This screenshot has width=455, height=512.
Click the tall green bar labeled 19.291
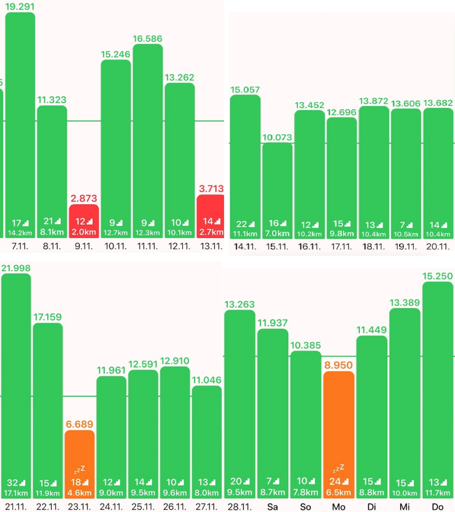point(20,124)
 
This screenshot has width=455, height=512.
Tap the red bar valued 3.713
point(211,216)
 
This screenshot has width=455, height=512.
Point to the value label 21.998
point(16,268)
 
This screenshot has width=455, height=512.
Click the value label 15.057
point(245,89)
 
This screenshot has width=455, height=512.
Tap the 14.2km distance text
point(20,232)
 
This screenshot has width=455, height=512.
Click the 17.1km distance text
point(16,493)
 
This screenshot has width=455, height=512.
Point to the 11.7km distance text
point(438,493)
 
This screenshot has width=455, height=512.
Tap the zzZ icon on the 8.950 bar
point(339,468)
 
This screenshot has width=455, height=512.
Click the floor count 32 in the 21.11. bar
point(13,482)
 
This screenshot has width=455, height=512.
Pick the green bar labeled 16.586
point(148,139)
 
